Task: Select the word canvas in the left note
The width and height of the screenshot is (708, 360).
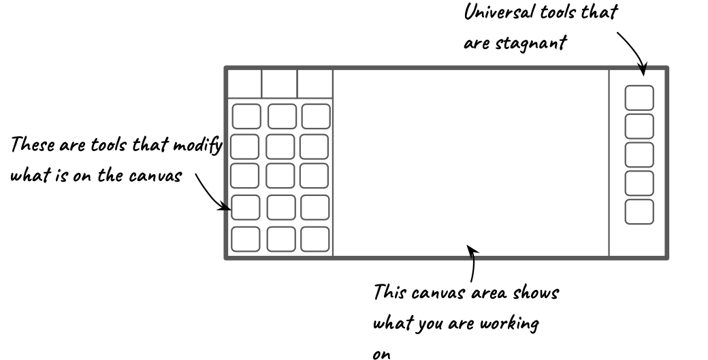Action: pyautogui.click(x=155, y=176)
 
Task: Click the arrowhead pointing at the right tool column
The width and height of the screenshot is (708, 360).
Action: pyautogui.click(x=643, y=69)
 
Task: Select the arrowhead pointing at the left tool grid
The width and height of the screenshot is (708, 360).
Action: pyautogui.click(x=225, y=207)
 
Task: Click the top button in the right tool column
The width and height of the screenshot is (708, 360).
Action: pyautogui.click(x=639, y=98)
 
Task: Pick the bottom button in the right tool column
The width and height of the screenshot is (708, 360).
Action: pyautogui.click(x=639, y=212)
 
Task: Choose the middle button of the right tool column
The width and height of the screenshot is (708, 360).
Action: pyautogui.click(x=639, y=154)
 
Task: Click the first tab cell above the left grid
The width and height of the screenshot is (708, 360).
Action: pyautogui.click(x=244, y=84)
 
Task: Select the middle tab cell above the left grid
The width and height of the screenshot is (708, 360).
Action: pyautogui.click(x=280, y=84)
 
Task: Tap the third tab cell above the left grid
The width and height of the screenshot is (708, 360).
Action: pyautogui.click(x=315, y=84)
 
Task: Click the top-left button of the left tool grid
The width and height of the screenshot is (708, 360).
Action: pyautogui.click(x=246, y=116)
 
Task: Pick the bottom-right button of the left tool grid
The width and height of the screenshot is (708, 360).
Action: pyautogui.click(x=315, y=239)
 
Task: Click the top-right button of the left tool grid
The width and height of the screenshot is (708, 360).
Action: pyautogui.click(x=316, y=116)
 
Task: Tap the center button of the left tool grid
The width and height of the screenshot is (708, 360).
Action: pyautogui.click(x=280, y=176)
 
